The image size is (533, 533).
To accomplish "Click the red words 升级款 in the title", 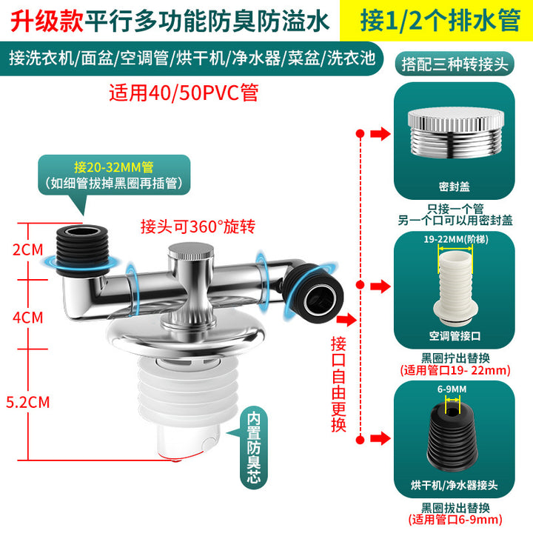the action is [x=47, y=21].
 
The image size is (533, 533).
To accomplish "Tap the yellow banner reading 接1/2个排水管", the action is [x=437, y=21].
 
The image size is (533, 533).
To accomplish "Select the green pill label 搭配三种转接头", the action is [x=455, y=64].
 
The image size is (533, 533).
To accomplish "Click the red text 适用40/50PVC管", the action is [x=184, y=93].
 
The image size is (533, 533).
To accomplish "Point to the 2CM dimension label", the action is [x=28, y=250].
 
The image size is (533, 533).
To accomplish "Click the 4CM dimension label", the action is [x=28, y=318].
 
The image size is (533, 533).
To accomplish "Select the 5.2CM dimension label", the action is [x=28, y=402].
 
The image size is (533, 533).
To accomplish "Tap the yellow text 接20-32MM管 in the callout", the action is [x=114, y=167].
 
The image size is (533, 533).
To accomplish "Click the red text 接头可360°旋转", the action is [x=198, y=227].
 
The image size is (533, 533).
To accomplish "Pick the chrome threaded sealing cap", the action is [x=455, y=133].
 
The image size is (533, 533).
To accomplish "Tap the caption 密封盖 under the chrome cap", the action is [x=454, y=187].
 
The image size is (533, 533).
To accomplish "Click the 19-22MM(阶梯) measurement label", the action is [x=456, y=239].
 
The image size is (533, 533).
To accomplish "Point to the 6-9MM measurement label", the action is [x=452, y=389].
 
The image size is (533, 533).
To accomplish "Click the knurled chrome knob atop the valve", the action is [x=191, y=252].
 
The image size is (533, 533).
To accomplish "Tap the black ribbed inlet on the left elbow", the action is [x=82, y=250].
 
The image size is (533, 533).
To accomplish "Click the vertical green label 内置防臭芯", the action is [x=254, y=447].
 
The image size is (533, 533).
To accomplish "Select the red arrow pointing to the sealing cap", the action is [x=381, y=133].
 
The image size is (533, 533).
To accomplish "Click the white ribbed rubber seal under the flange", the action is [x=179, y=391].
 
